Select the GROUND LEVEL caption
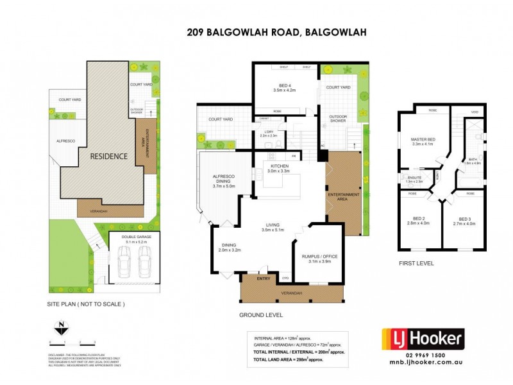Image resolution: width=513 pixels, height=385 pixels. (x=260, y=315)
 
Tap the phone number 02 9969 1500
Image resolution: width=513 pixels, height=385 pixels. (x=423, y=355)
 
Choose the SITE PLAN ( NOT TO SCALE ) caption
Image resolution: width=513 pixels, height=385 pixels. (x=86, y=304)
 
